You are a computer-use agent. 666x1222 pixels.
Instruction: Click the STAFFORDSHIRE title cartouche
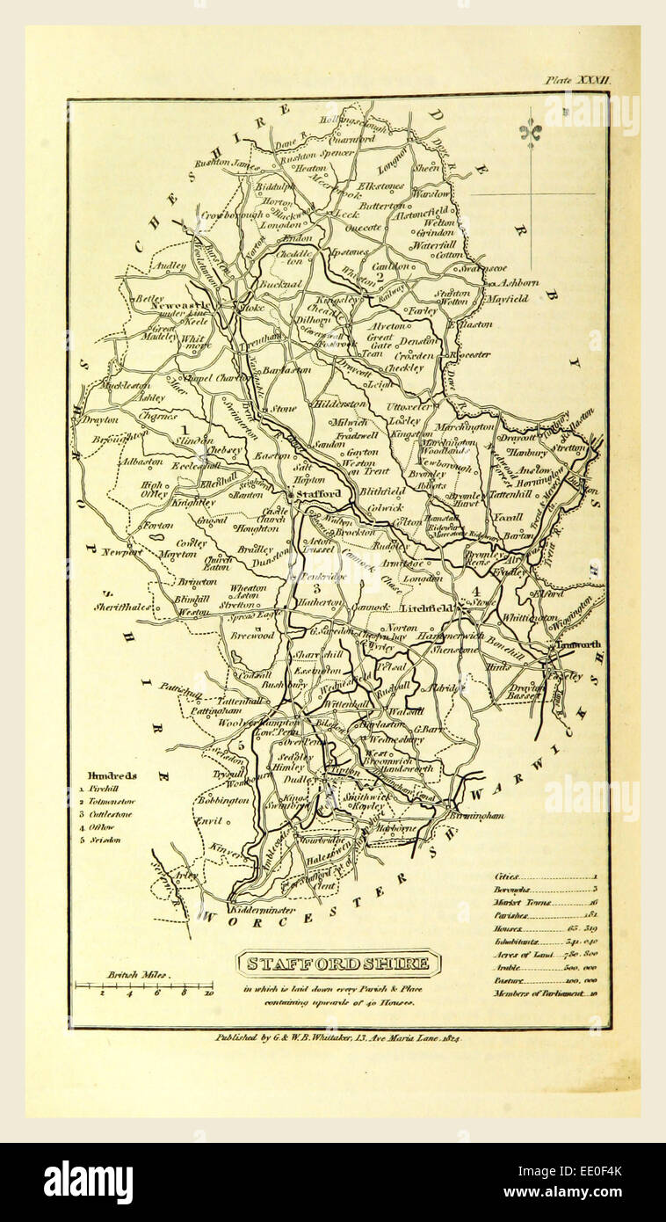[338, 964]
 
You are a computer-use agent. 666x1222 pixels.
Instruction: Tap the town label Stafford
[318, 494]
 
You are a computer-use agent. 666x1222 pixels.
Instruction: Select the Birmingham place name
[479, 816]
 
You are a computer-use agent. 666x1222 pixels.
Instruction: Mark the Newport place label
[120, 552]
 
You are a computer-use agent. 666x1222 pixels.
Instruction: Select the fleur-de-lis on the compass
[530, 132]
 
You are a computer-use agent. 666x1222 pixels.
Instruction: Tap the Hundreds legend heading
[112, 775]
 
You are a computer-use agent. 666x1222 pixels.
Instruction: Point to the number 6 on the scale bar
[156, 993]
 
